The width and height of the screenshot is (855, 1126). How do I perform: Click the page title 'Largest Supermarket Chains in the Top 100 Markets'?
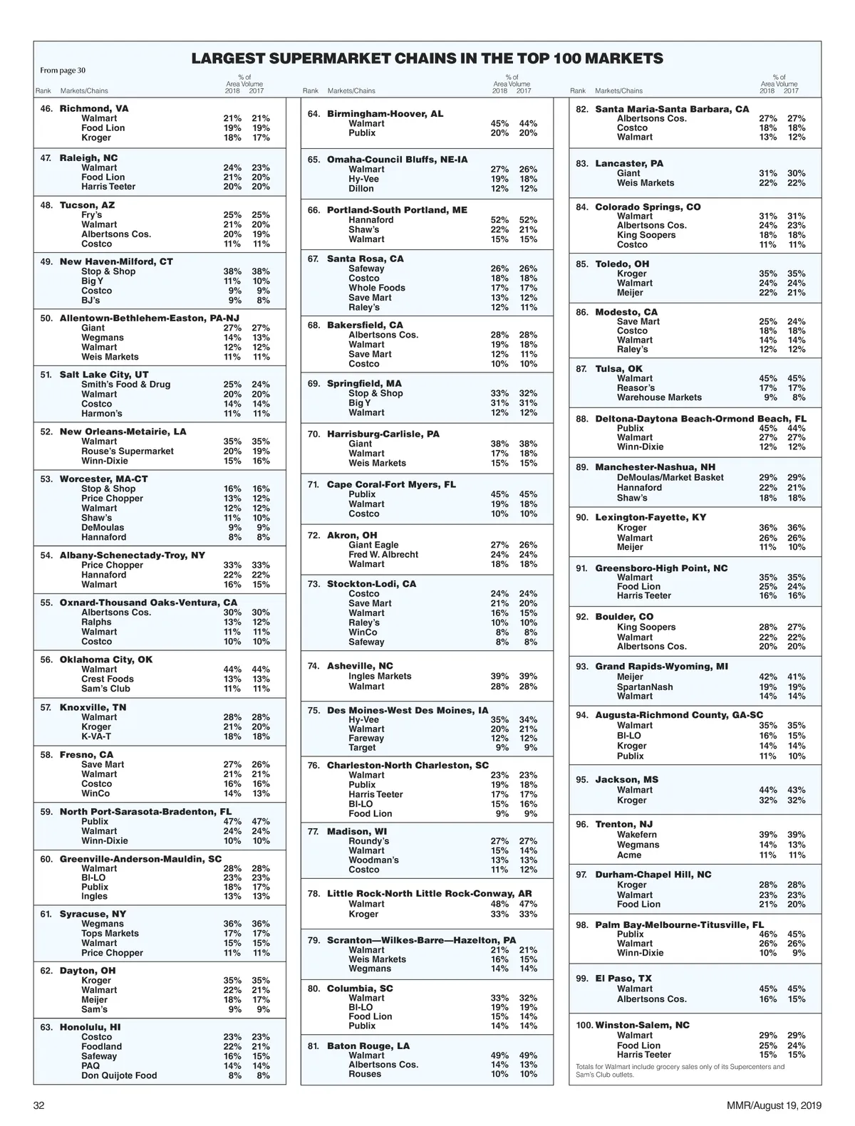pyautogui.click(x=427, y=58)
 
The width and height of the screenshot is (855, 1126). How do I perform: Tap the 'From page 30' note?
pyautogui.click(x=63, y=71)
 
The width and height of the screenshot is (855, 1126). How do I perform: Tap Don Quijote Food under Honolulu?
pyautogui.click(x=119, y=1075)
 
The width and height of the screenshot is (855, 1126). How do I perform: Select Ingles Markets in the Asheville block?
pyautogui.click(x=380, y=676)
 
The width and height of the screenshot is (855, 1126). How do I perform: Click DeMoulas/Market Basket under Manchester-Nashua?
pyautogui.click(x=670, y=478)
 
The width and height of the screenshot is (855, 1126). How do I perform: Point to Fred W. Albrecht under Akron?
pyautogui.click(x=383, y=555)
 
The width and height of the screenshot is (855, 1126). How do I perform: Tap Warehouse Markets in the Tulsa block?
pyautogui.click(x=659, y=397)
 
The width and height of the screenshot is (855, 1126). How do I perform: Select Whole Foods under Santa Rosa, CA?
pyautogui.click(x=377, y=288)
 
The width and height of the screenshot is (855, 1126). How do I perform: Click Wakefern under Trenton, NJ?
pyautogui.click(x=637, y=835)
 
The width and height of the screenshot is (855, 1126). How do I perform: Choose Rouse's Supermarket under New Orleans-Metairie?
pyautogui.click(x=128, y=451)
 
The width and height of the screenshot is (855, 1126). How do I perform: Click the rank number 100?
pyautogui.click(x=584, y=1025)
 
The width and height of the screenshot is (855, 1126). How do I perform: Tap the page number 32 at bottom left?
pyautogui.click(x=39, y=1105)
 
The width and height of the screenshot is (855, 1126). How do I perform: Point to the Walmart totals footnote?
pyautogui.click(x=680, y=1070)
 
